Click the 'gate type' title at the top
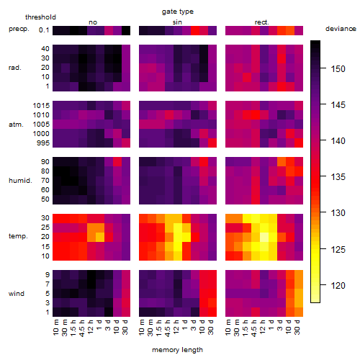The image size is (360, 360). point(178,12)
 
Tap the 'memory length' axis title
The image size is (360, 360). point(177,350)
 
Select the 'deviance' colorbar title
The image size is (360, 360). point(341,29)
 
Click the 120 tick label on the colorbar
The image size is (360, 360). point(338,286)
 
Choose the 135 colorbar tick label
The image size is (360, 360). point(338,177)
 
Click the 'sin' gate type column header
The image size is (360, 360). point(177,22)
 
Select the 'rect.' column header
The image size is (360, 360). point(262,22)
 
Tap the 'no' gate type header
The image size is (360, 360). point(93,22)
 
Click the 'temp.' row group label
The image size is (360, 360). point(18,236)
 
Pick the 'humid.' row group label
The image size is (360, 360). point(20,181)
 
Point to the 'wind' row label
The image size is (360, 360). point(17,294)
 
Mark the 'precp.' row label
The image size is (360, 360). point(19,29)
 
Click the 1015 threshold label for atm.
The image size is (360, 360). point(41,106)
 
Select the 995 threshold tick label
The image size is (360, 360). point(43,143)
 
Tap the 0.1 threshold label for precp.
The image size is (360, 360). point(44,30)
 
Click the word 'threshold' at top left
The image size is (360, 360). point(40,17)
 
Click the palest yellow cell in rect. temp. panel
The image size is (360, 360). point(264,237)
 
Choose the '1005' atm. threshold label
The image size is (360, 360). point(41,125)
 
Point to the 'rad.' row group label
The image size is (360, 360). point(15,68)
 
